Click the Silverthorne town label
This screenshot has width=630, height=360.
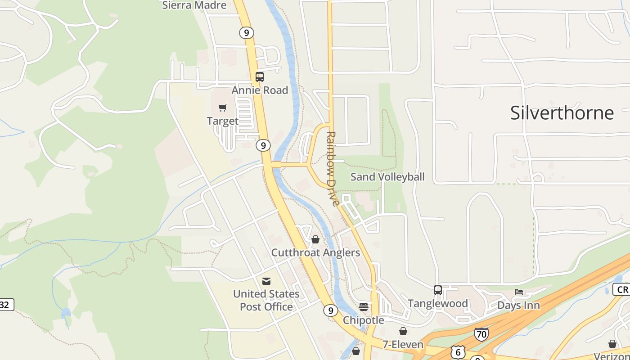click(x=562, y=112)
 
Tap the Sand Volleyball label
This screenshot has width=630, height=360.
click(x=387, y=177)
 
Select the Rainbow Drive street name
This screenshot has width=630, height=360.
click(x=333, y=169)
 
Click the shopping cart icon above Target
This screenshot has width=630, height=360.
click(x=223, y=108)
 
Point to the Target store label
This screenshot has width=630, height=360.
click(x=223, y=121)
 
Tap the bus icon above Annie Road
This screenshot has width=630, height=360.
click(x=260, y=77)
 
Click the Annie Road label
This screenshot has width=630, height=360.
click(x=260, y=90)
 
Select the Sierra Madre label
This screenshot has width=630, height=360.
click(x=194, y=5)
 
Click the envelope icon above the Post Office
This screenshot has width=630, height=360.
click(x=266, y=281)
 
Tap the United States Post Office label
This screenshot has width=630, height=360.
click(x=266, y=300)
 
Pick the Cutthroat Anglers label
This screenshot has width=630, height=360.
click(x=315, y=253)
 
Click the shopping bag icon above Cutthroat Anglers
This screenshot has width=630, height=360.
click(x=315, y=239)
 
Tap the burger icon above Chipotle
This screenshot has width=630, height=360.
click(x=364, y=307)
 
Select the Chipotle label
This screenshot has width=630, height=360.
click(x=364, y=320)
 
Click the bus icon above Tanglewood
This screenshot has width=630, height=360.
click(x=438, y=290)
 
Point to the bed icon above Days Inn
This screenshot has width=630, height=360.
click(x=519, y=292)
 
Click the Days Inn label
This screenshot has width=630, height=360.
click(x=518, y=306)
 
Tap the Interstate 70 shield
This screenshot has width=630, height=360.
click(x=481, y=334)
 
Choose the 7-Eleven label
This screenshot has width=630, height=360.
click(x=403, y=345)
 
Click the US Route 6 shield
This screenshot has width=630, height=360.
click(x=458, y=352)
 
